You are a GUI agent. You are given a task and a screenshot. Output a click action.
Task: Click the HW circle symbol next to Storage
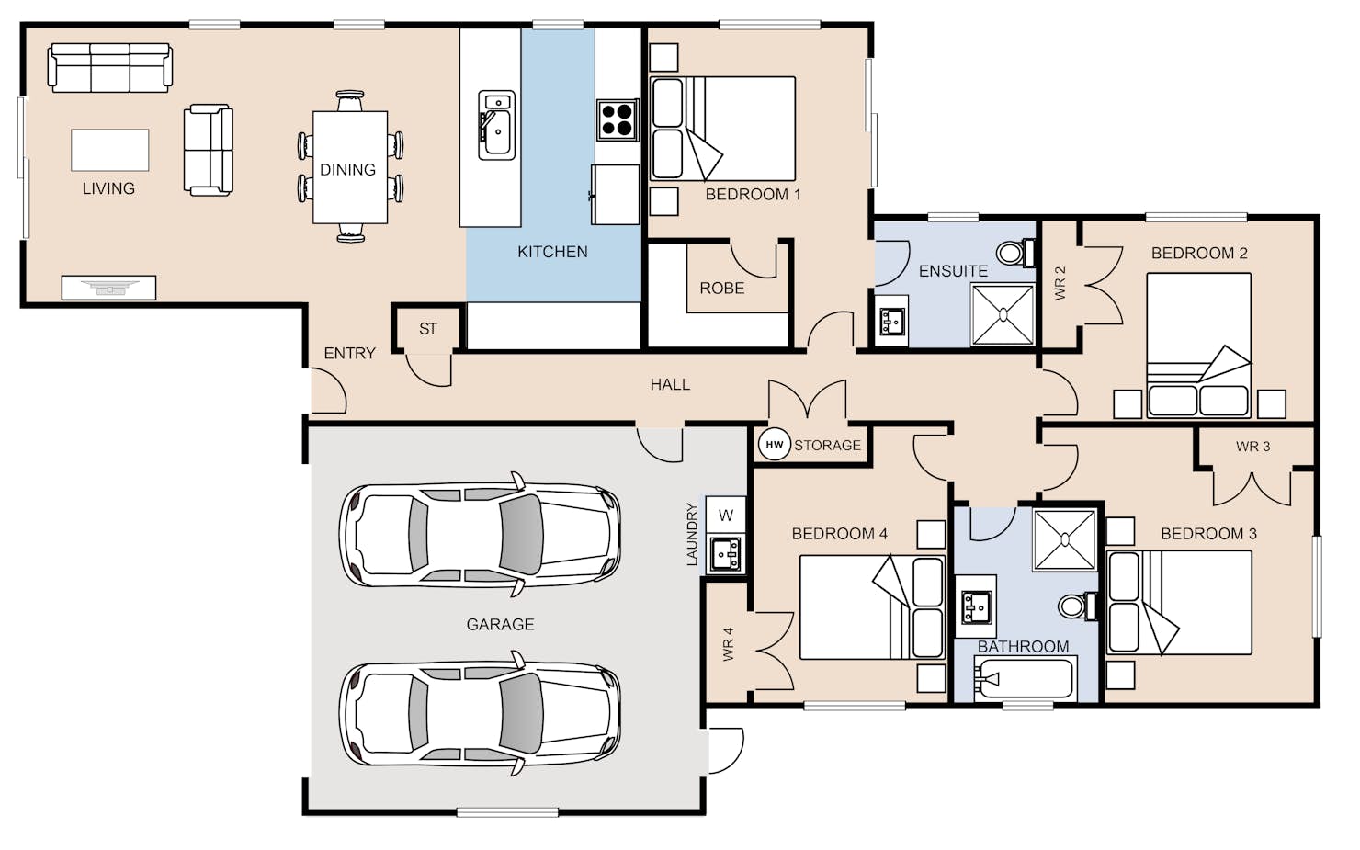774,445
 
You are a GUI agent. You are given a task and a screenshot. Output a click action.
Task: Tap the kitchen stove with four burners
617,119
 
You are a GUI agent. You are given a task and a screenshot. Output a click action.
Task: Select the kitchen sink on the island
496,125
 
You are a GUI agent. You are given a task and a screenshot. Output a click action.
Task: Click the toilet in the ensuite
1016,253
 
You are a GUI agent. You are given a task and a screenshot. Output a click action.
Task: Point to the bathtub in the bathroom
1026,678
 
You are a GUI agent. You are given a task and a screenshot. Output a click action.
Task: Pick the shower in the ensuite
1003,314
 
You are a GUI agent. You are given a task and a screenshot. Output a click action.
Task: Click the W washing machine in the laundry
726,516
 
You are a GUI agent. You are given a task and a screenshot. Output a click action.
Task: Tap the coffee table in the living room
110,150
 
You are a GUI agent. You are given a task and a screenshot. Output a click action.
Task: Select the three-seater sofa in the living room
110,67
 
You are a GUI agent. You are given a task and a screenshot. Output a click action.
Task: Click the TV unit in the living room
108,288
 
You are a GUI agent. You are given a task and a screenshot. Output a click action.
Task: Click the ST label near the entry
428,328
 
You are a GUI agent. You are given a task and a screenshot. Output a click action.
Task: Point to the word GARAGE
500,624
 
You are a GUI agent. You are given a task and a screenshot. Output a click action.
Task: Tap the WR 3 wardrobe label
1252,447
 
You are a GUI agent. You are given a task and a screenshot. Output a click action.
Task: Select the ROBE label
722,288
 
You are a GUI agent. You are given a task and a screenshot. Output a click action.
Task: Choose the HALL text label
670,384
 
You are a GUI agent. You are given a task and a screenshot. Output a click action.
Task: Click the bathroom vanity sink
976,606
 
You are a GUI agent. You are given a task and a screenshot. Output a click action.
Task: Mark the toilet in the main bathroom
1078,606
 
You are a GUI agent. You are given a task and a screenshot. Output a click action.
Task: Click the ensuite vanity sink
891,321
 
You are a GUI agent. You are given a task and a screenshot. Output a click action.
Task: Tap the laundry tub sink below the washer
726,554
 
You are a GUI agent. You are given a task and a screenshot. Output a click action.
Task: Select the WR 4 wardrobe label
729,644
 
